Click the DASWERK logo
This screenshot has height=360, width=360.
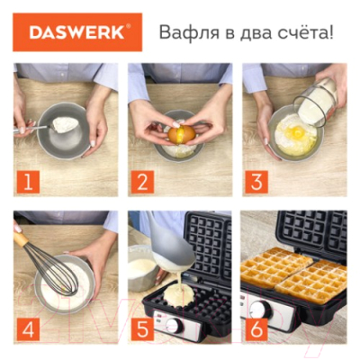pyautogui.click(x=78, y=32)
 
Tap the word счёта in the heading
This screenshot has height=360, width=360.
pyautogui.click(x=296, y=34)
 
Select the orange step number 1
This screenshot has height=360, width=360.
pyautogui.click(x=29, y=181)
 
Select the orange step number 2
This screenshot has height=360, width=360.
pyautogui.click(x=142, y=181)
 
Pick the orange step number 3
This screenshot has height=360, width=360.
pyautogui.click(x=256, y=181)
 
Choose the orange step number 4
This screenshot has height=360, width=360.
pyautogui.click(x=29, y=328)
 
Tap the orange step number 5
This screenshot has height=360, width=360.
pyautogui.click(x=142, y=328)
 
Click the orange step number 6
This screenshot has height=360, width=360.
pyautogui.click(x=256, y=328)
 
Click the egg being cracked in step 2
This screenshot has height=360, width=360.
pyautogui.click(x=181, y=133)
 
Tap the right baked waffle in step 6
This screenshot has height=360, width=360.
pyautogui.click(x=314, y=280)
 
